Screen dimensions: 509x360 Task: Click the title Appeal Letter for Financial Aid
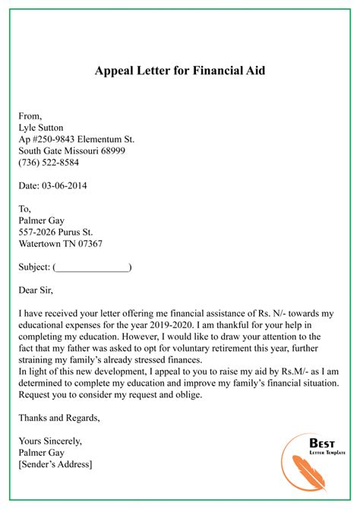point(180,71)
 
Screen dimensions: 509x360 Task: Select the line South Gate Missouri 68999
point(72,151)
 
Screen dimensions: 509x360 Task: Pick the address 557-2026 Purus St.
point(56,232)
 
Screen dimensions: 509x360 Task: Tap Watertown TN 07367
point(61,245)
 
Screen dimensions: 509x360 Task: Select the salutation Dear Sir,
point(39,291)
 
